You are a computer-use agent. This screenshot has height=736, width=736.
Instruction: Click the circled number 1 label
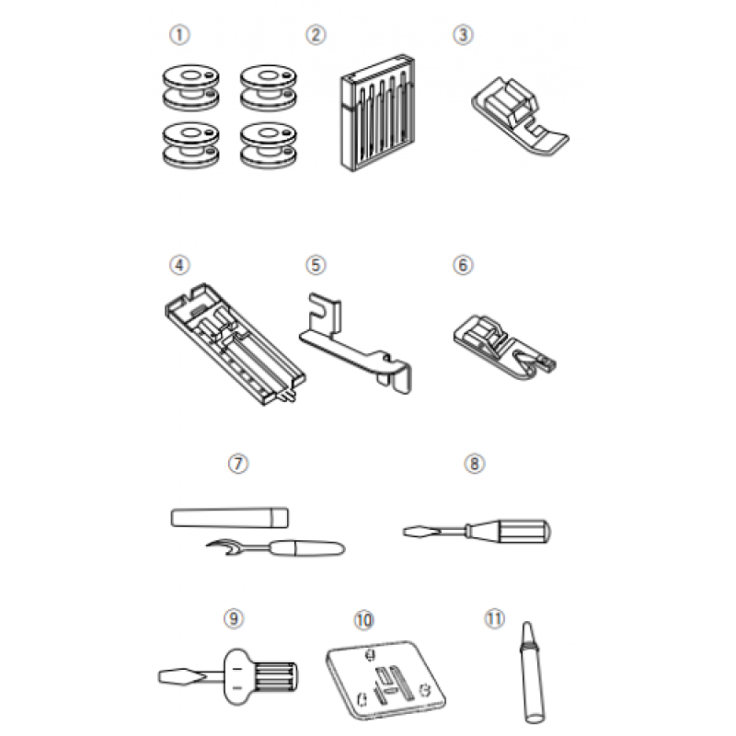179,35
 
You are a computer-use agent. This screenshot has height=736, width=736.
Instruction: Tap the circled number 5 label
316,265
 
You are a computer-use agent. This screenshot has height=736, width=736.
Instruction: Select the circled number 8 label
474,464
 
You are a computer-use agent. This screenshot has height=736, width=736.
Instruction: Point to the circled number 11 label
494,618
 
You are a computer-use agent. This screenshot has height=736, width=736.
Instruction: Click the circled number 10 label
363,620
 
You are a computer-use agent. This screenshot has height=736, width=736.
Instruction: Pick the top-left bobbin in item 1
190,87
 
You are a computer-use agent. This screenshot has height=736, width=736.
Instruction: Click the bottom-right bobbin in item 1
268,145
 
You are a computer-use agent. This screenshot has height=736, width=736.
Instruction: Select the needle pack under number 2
377,112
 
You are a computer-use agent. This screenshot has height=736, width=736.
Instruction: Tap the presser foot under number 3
520,117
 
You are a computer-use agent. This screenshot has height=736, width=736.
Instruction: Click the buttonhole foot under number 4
235,344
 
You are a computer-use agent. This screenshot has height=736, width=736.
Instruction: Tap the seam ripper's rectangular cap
229,517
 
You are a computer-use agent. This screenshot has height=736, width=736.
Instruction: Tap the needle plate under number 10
385,679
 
